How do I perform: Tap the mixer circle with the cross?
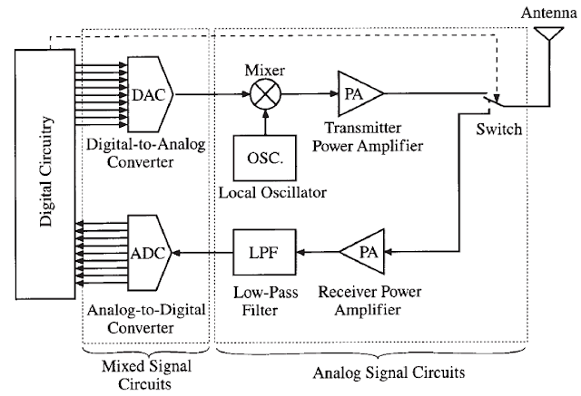point(264,92)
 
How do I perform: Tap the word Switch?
point(499,130)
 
